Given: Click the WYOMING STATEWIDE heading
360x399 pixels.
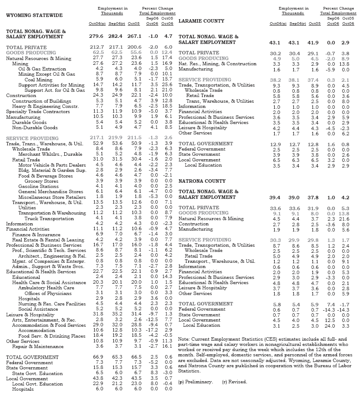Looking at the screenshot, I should pos(34,16).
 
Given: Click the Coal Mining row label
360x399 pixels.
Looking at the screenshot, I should pos(38,80).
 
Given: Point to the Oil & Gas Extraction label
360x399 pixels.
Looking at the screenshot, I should pos(42,69).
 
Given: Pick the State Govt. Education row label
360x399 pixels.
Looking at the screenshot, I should pos(37,373).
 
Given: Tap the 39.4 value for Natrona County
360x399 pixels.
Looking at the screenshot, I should pos(276,197).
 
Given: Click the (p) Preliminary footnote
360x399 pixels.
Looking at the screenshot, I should pos(196,382).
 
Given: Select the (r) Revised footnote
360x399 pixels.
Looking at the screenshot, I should pos(234,382).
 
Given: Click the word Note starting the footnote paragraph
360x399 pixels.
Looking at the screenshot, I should pos(183,339).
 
